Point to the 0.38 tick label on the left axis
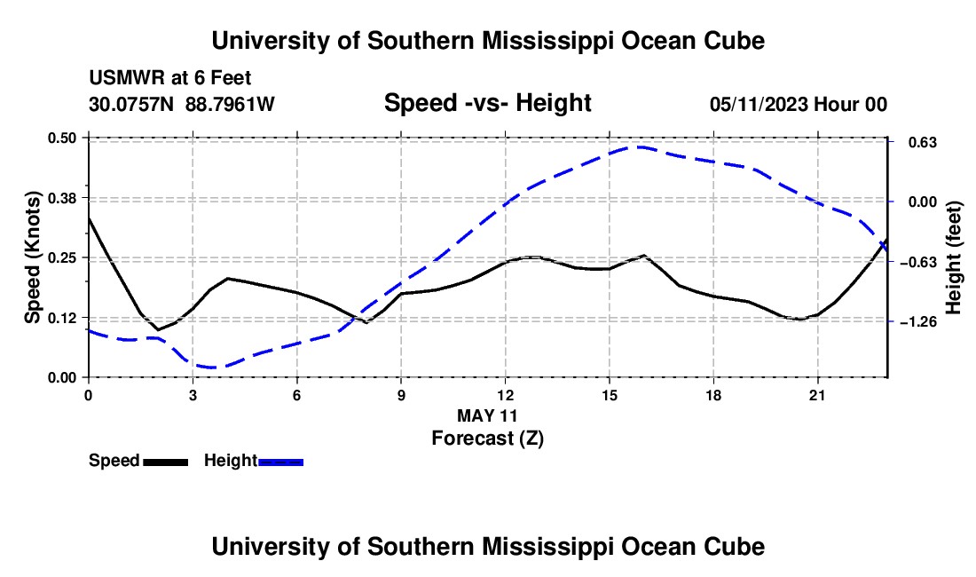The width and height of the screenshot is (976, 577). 62,198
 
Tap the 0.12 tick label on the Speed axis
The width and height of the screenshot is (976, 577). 62,318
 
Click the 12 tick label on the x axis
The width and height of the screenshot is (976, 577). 506,395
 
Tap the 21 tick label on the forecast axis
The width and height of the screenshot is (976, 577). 817,395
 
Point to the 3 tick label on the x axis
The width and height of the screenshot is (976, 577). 193,395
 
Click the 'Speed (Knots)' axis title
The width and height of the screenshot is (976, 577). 32,257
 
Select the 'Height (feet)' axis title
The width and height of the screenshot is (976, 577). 954,257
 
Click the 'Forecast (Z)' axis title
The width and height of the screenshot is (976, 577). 488,439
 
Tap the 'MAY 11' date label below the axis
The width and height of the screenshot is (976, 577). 487,415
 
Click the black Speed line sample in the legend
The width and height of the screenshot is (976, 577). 166,462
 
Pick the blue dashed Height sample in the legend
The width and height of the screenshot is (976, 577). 280,462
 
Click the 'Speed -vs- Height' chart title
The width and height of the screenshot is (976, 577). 487,103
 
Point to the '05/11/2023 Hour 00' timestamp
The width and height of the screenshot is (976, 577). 799,104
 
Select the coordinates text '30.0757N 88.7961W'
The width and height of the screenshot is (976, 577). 182,104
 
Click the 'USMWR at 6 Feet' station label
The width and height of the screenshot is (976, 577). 170,78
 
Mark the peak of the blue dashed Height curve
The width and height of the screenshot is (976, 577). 640,146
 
